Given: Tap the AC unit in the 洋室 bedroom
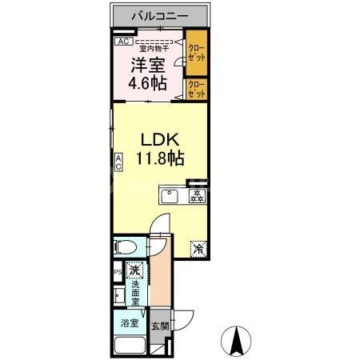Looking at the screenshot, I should coord(122,41).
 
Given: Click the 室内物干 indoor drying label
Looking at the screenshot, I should coord(158,47).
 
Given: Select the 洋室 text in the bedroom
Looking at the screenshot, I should coord(147,65).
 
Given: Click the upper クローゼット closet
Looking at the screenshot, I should coord(196,53).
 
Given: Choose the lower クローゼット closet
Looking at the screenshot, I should coord(196,90).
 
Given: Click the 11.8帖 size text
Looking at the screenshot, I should coord(160,158).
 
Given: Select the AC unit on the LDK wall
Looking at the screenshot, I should coord(118,162).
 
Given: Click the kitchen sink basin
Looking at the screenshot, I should coord(170,196).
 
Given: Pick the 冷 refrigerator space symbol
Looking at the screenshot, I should coord(198,248).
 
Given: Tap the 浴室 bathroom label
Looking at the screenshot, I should coord(130,324).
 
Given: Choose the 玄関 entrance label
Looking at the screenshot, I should coord(159,326).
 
